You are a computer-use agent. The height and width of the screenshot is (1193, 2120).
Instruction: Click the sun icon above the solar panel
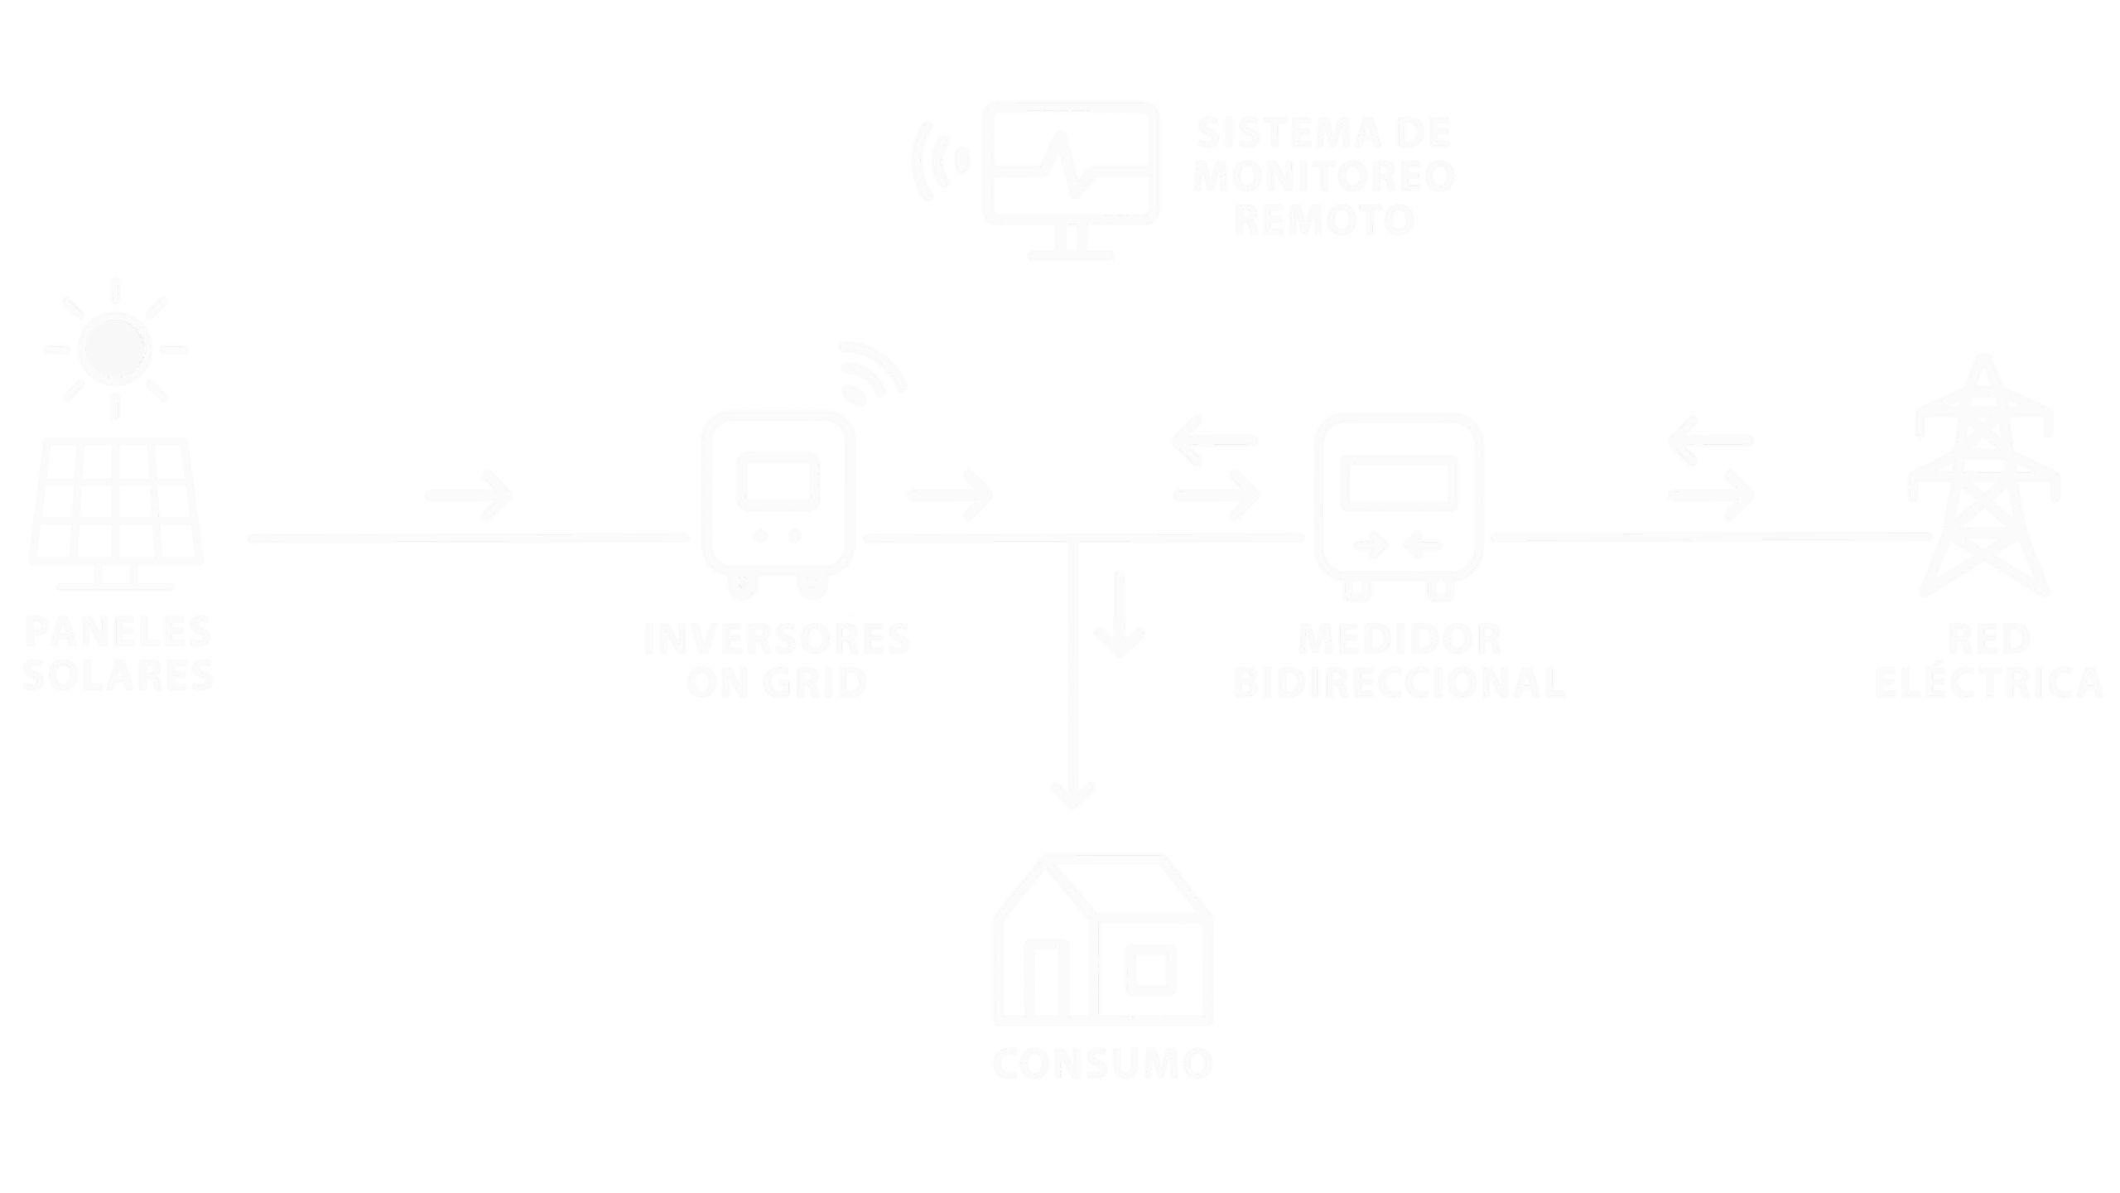point(115,349)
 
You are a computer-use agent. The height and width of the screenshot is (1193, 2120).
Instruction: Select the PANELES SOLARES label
point(118,654)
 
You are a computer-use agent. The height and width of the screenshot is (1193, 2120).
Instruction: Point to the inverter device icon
point(778,502)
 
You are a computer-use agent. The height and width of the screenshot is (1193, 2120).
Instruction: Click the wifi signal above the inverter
point(870,373)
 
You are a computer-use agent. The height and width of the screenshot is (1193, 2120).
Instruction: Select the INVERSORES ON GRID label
point(777,660)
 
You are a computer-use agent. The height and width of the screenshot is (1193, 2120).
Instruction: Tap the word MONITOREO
point(1323,176)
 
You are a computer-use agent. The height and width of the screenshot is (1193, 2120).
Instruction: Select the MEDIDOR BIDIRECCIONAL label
point(1399,660)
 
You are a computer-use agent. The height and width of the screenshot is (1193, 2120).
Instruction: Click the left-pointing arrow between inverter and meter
point(1215,440)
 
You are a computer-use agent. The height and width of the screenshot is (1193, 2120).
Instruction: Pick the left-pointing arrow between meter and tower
point(1710,440)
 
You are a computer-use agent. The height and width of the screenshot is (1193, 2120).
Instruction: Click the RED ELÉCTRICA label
point(1988,660)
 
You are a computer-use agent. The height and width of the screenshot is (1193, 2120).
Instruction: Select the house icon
point(1103,940)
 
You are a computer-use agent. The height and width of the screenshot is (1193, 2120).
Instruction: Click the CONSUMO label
point(1103,1064)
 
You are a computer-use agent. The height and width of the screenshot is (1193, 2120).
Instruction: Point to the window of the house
point(1151,969)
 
